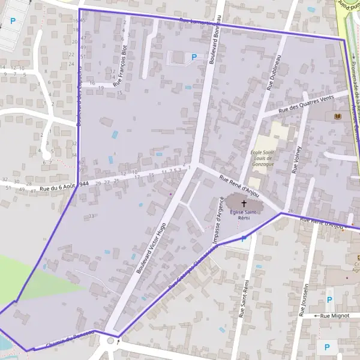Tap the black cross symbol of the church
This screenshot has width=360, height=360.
pyautogui.click(x=244, y=203)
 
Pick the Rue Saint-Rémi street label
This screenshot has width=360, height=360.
pyautogui.click(x=244, y=298)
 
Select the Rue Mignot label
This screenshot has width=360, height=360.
pyautogui.click(x=334, y=315)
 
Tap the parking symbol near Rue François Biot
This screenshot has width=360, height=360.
pyautogui.click(x=194, y=58)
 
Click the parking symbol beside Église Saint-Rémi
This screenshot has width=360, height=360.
pyautogui.click(x=244, y=239)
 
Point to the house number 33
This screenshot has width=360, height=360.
pyautogui.click(x=91, y=216)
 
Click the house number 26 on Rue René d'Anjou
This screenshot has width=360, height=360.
pyautogui.click(x=290, y=211)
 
